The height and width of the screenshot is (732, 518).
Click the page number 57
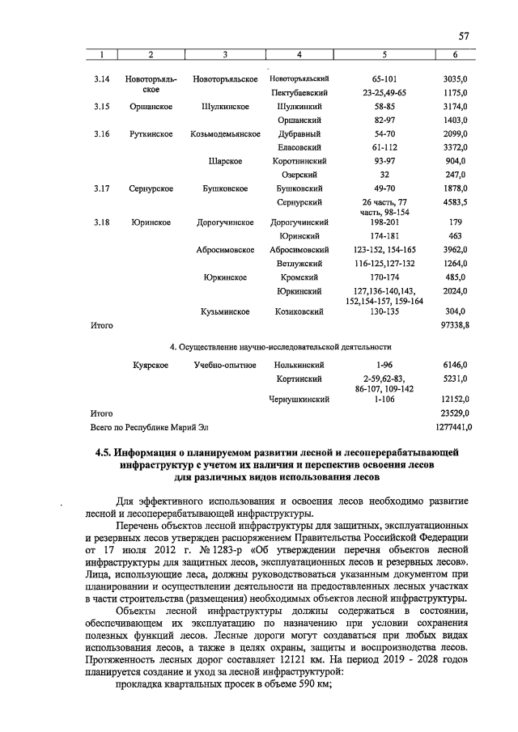click(x=464, y=35)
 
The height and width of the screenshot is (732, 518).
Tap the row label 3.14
click(x=101, y=79)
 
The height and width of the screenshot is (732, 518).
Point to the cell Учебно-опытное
click(x=224, y=366)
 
